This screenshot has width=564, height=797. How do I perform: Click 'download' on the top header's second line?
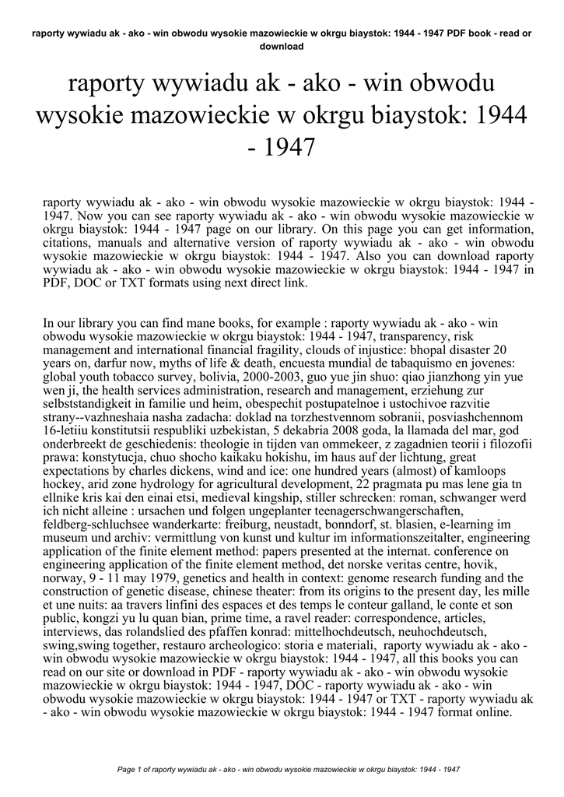(x=281, y=46)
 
